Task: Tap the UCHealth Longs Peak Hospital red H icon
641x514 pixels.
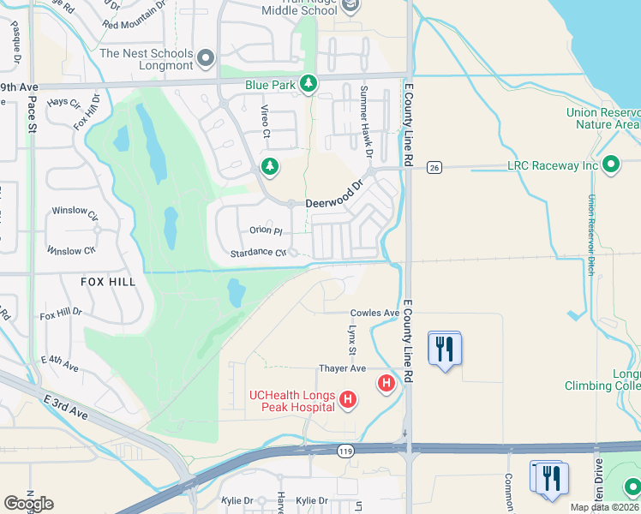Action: (348, 399)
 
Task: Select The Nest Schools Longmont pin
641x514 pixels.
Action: (205, 59)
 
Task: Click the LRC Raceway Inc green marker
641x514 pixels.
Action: (610, 164)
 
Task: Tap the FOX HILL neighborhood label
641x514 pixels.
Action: (109, 281)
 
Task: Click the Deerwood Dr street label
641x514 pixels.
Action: (335, 192)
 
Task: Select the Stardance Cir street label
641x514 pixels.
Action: (257, 253)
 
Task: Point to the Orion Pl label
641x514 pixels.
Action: (266, 230)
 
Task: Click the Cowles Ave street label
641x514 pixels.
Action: (374, 314)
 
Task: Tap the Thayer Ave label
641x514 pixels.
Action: (342, 368)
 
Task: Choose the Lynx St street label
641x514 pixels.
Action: (351, 340)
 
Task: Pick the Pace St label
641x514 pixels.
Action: (32, 115)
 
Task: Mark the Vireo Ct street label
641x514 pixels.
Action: (266, 122)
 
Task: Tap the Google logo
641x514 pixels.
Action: (28, 504)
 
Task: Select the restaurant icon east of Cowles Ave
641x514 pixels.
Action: (445, 350)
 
